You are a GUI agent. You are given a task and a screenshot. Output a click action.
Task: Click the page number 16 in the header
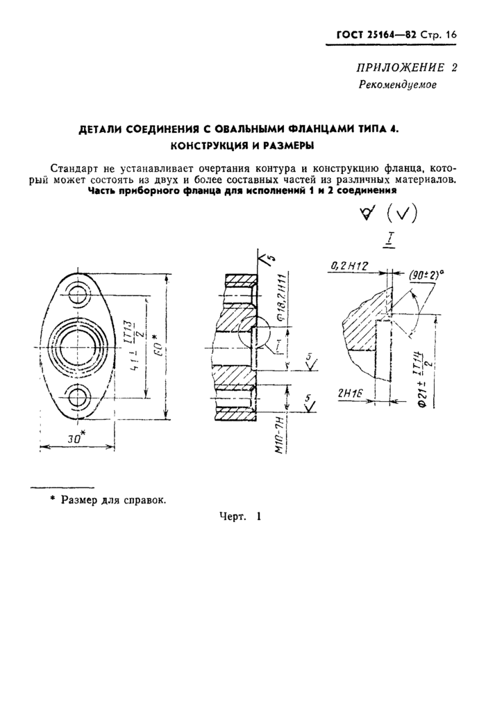coord(450,35)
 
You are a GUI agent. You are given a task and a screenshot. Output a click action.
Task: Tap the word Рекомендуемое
coord(397,85)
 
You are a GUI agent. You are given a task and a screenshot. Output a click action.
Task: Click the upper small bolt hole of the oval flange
coord(78,296)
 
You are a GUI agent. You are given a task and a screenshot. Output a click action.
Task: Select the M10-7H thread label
coord(278,437)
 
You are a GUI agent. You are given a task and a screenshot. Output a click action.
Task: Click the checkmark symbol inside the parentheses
coord(401,214)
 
